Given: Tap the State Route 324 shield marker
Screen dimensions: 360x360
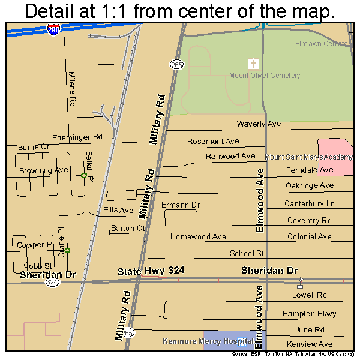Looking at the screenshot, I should click(x=52, y=283).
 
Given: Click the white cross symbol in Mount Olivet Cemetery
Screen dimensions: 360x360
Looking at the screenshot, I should click(x=253, y=64).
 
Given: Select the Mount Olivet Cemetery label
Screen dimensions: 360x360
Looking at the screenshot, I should click(x=265, y=76).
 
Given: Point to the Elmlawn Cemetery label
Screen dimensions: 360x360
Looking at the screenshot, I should click(x=323, y=44).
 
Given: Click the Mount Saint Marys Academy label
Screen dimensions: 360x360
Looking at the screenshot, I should click(x=308, y=157).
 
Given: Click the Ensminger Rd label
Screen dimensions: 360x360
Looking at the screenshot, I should click(x=77, y=137).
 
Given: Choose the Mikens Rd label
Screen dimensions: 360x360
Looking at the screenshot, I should click(x=73, y=89).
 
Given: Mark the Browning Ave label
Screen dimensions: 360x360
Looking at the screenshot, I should click(x=44, y=170).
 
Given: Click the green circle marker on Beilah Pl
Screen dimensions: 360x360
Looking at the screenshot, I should click(x=84, y=175).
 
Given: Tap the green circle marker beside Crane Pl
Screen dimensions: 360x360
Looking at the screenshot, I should click(x=67, y=250).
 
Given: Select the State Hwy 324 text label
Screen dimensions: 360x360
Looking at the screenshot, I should click(x=151, y=271).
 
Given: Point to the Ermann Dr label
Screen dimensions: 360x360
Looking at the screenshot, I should click(x=181, y=205).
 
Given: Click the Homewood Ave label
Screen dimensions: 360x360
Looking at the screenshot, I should click(x=198, y=237).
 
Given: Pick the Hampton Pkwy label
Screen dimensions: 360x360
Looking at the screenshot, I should click(x=310, y=314).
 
